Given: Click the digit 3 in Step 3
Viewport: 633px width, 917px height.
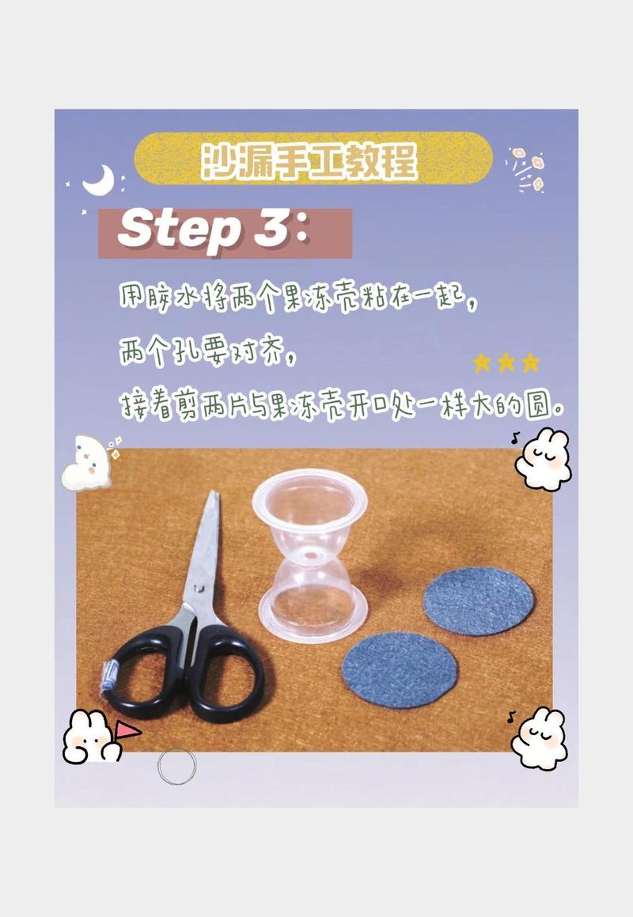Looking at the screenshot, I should pyautogui.click(x=271, y=229).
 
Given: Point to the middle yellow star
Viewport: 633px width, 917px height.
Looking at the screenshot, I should pyautogui.click(x=506, y=363).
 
